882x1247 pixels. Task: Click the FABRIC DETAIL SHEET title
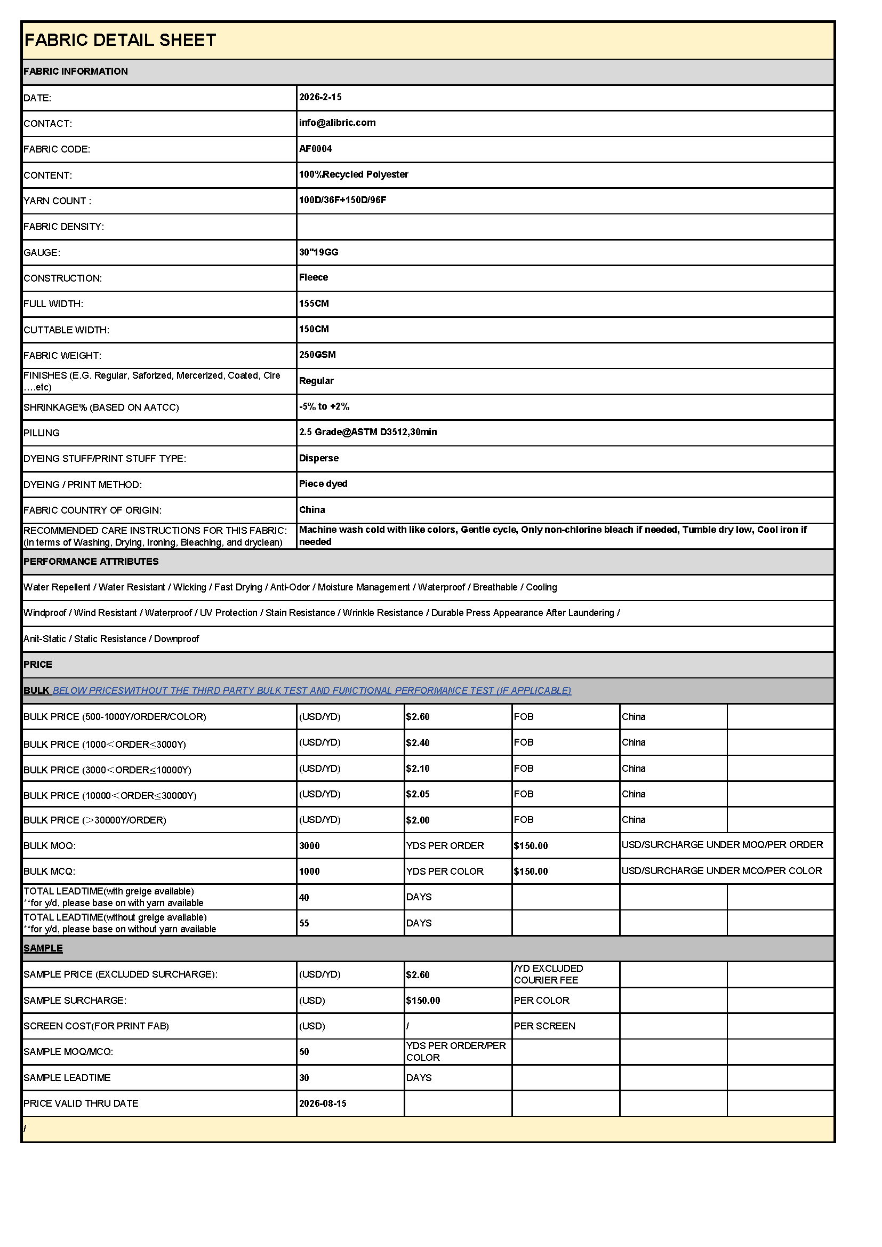point(120,40)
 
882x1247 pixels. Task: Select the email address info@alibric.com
point(337,123)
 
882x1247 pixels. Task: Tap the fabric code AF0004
point(316,149)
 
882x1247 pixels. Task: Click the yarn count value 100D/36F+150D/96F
point(343,200)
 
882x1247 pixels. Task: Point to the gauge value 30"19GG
point(319,252)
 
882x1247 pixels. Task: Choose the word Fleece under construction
point(314,277)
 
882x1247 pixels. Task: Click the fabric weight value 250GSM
point(318,355)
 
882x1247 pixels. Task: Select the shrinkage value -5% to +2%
point(324,406)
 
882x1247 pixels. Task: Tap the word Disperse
point(319,458)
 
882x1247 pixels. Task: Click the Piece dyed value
point(323,484)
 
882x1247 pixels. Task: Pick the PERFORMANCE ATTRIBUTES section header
point(91,562)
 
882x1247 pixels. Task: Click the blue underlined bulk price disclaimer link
point(312,690)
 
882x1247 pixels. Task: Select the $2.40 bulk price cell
point(418,743)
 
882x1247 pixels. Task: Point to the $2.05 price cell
point(418,794)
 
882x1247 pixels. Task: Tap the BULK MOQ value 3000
point(310,845)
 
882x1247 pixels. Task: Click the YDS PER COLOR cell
point(445,871)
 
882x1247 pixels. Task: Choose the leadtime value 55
point(304,923)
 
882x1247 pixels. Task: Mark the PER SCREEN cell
point(545,1026)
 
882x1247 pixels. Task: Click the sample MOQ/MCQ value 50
point(304,1052)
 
